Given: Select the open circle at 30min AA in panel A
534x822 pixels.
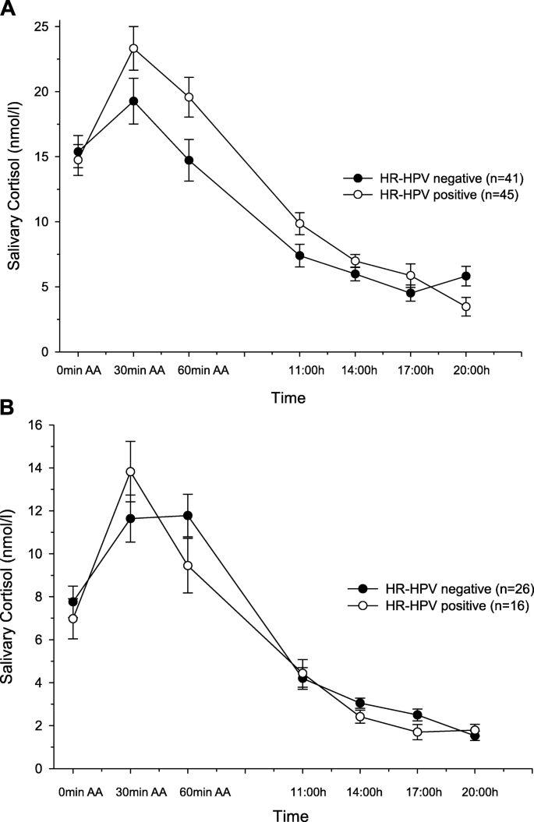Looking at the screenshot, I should [133, 48].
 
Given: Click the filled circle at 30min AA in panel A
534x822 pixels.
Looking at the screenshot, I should [133, 101].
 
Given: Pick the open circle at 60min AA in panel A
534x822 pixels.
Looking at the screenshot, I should [188, 97].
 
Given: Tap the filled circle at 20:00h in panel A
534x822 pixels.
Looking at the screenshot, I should [466, 276].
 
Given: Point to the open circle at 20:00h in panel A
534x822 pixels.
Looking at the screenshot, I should [466, 307].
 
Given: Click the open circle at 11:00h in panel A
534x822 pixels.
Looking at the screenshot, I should [299, 224].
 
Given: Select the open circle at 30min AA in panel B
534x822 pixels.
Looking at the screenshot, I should [131, 471].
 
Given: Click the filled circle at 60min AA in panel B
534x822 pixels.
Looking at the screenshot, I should [188, 515].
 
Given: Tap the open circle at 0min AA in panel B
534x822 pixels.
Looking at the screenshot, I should [73, 619].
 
